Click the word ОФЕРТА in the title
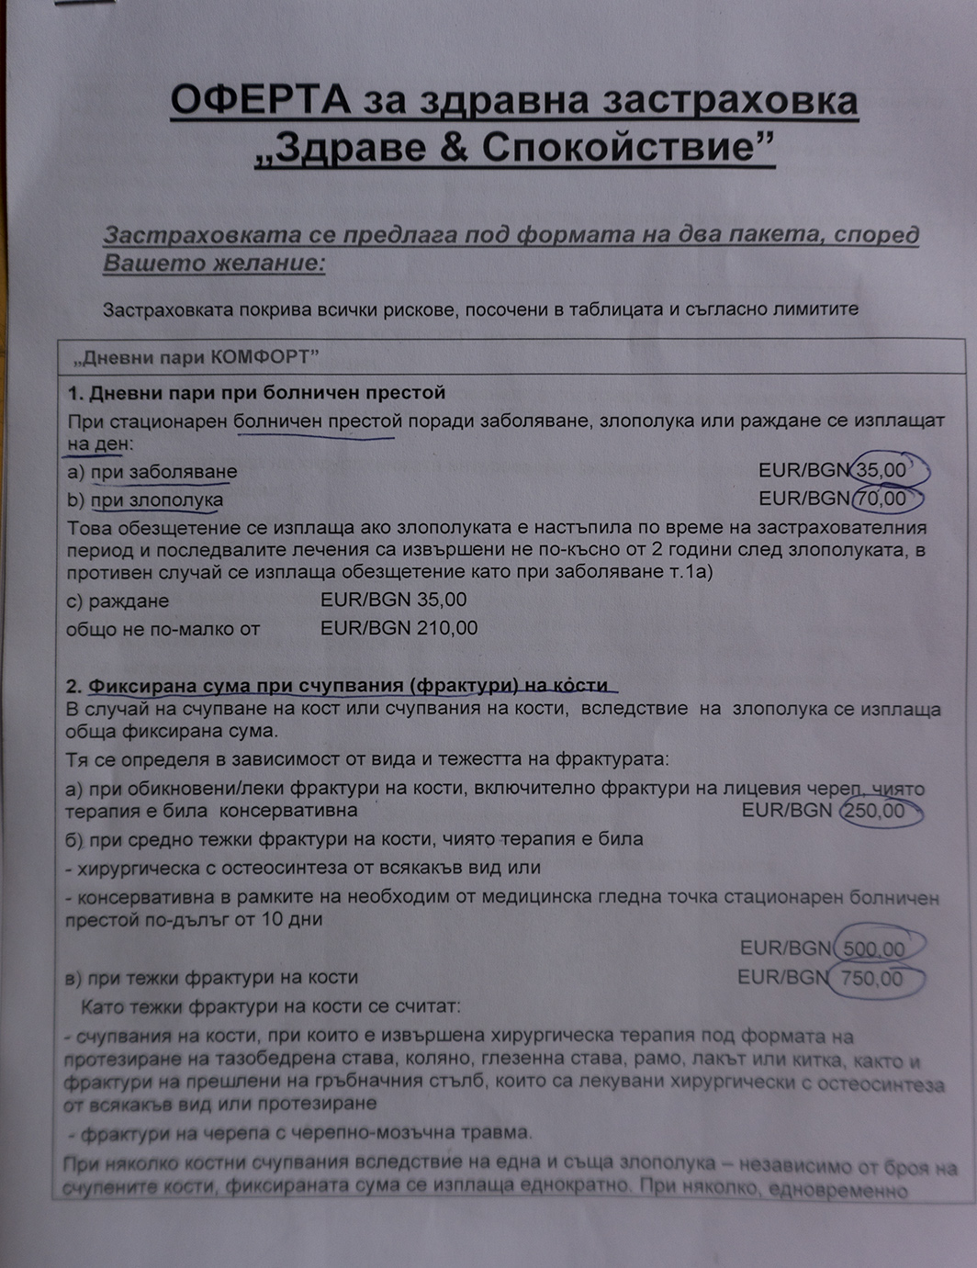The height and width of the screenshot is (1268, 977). (260, 101)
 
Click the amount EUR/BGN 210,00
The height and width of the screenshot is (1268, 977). (399, 629)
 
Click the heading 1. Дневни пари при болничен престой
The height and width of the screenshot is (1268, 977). (256, 393)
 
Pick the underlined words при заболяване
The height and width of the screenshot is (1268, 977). (163, 472)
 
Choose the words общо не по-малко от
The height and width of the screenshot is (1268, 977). (163, 630)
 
